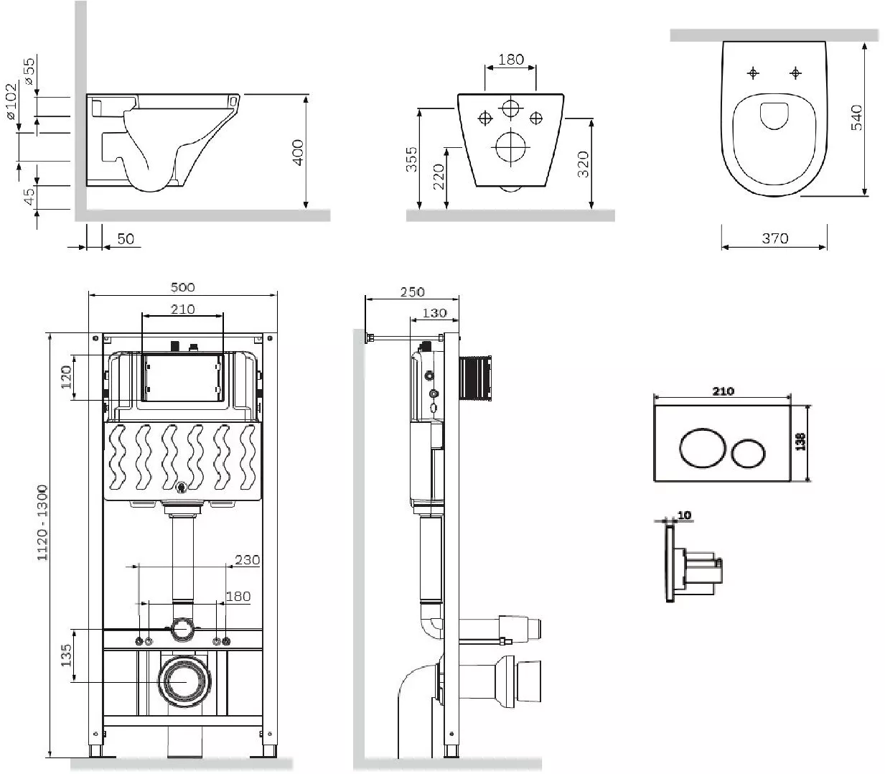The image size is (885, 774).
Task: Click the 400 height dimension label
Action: (298, 152)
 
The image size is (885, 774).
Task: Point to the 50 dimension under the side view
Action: (126, 238)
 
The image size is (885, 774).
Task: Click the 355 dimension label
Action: (411, 159)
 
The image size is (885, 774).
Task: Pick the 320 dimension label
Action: (583, 164)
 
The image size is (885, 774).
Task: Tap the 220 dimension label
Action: (438, 176)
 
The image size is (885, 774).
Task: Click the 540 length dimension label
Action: (856, 117)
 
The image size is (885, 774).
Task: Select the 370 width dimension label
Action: (774, 238)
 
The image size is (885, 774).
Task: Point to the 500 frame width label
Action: (182, 287)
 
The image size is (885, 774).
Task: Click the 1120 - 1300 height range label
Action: (42, 523)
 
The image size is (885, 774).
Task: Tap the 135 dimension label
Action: (66, 656)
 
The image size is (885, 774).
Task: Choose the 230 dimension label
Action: (247, 560)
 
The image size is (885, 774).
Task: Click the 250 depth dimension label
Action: (412, 292)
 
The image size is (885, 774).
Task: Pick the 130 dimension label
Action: (434, 313)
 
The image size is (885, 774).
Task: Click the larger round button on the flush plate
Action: (702, 448)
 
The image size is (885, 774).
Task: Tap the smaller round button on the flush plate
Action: (748, 453)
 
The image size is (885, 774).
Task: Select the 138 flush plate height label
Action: (800, 442)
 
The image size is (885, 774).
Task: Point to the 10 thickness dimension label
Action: (684, 515)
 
